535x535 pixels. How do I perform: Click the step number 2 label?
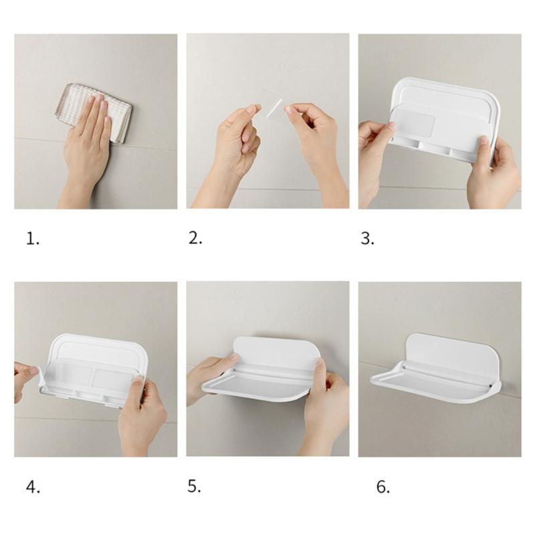click(x=195, y=238)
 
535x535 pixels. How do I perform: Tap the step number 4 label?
click(x=33, y=487)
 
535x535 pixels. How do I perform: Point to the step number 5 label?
click(x=194, y=486)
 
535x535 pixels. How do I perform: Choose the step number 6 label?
click(x=383, y=487)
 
